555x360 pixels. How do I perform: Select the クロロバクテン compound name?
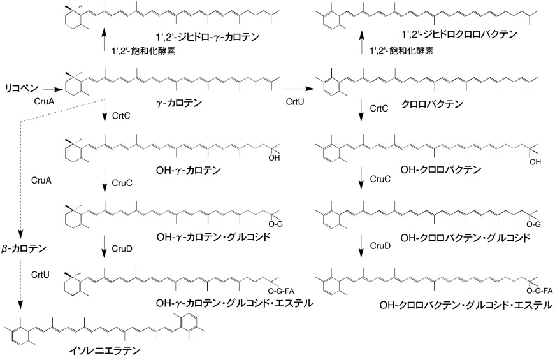[x=427, y=103]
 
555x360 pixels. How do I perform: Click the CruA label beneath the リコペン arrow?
[x=44, y=100]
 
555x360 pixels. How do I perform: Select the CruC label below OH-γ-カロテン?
[x=122, y=184]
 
